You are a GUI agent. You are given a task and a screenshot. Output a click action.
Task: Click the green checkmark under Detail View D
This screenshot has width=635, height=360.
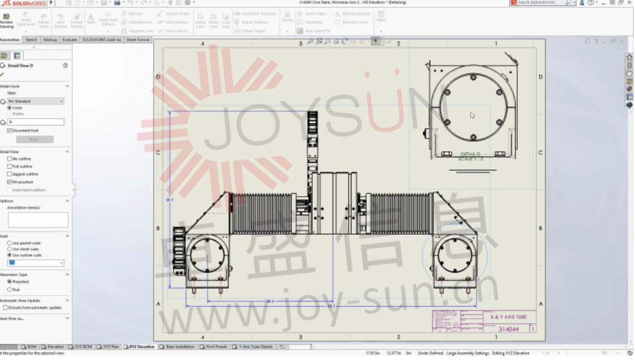(x=2, y=74)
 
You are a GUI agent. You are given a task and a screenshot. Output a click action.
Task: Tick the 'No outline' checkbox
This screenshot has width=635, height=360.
(x=9, y=158)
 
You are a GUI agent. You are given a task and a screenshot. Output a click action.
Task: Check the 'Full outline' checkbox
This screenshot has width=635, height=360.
(x=9, y=166)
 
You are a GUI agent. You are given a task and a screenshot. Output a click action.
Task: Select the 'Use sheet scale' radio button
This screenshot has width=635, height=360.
(x=9, y=249)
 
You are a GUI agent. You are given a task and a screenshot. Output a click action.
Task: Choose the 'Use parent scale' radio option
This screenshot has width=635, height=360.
(x=9, y=243)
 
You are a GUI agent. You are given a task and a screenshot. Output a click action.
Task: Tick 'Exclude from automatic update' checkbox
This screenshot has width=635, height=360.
(x=5, y=308)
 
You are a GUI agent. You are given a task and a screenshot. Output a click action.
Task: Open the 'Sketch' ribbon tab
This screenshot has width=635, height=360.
(x=31, y=39)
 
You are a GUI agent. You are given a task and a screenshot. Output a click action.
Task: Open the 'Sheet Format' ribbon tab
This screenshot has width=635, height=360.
(x=138, y=39)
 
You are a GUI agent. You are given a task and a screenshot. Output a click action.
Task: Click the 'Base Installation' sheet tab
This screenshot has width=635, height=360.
(x=180, y=347)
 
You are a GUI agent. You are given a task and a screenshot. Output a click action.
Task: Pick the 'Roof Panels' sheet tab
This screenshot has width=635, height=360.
(x=215, y=347)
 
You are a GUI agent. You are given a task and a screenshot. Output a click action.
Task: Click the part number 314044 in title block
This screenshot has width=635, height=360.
(x=508, y=329)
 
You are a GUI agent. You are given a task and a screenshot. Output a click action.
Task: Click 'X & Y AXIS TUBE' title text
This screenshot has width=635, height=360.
(x=508, y=317)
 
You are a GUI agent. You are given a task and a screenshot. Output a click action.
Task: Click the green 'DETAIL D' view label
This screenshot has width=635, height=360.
(x=470, y=154)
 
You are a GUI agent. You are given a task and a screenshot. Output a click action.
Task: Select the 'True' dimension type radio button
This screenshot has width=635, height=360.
(x=9, y=289)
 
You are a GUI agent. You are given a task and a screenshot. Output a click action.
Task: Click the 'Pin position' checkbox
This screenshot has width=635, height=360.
(x=9, y=182)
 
